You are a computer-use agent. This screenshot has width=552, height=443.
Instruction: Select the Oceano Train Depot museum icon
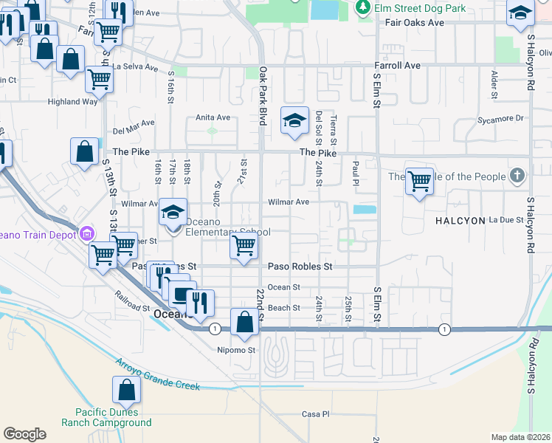(x=87, y=234)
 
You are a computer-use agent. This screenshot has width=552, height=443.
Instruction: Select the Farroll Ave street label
(x=397, y=66)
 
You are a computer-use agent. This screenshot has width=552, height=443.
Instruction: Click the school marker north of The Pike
(x=294, y=120)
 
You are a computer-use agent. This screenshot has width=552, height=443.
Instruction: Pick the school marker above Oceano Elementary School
(x=173, y=212)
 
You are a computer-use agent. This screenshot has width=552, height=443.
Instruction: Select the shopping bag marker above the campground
(x=126, y=388)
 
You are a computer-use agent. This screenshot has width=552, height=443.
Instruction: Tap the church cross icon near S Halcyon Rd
(x=518, y=176)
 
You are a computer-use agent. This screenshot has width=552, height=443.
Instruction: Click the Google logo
(x=25, y=433)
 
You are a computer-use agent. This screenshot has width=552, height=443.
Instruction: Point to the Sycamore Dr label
(x=500, y=118)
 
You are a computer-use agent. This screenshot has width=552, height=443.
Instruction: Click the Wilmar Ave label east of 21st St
(x=288, y=202)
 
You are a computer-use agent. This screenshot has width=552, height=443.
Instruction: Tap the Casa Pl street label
(x=315, y=414)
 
